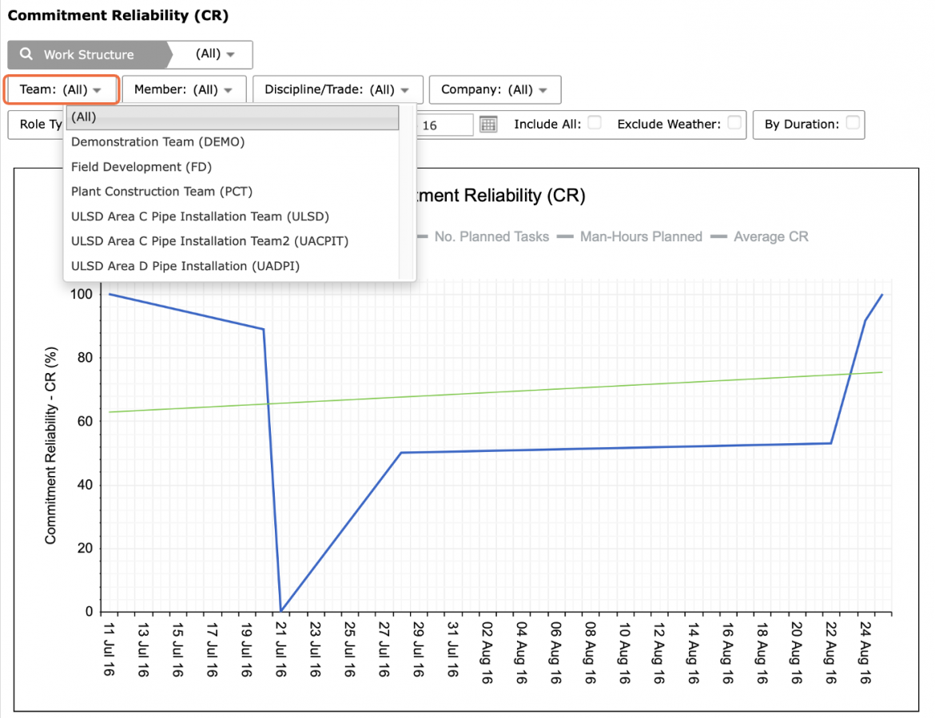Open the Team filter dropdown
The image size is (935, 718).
61,89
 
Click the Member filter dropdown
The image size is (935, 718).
184,89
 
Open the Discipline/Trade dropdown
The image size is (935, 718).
337,89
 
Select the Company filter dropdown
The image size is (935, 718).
495,89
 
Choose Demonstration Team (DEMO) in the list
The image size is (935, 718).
158,142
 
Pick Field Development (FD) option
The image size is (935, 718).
141,167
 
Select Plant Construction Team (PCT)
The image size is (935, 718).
161,191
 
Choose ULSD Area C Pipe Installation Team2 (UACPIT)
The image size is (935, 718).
210,240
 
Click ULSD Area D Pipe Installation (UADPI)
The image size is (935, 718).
185,266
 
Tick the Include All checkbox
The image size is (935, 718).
594,123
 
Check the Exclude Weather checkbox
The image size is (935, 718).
734,123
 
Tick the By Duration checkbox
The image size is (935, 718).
853,123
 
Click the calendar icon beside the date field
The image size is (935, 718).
488,124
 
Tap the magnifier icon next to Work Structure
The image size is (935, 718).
26,54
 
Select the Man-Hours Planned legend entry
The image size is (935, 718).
629,236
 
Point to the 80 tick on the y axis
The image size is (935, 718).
85,358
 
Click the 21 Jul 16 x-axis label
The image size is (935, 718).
280,649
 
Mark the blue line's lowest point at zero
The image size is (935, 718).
280,611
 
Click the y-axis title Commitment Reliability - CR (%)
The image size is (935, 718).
50,445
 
